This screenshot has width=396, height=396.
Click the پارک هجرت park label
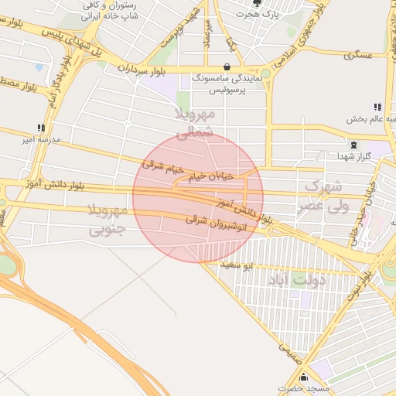coord(257,15)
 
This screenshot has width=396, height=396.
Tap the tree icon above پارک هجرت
coord(257,3)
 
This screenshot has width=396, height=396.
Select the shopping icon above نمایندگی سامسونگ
coord(226,67)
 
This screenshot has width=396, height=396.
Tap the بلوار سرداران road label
coord(144,69)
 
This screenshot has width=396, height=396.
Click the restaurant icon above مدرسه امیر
coord(40,128)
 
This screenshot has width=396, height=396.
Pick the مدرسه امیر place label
coord(39,140)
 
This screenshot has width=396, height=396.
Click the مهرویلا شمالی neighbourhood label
coord(194,124)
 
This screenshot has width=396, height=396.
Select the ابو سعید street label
coord(236,265)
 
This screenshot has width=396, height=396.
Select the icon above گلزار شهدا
coord(353,145)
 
